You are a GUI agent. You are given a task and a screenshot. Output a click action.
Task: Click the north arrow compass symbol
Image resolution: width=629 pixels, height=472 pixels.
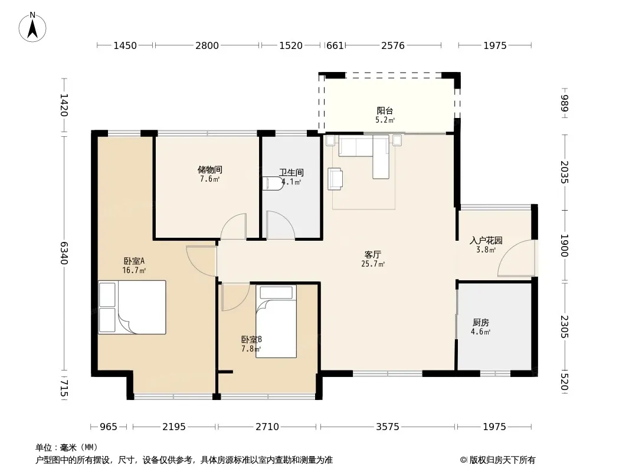pyautogui.click(x=32, y=28)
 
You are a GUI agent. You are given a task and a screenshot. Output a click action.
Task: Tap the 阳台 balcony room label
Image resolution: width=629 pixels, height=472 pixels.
pyautogui.click(x=385, y=110)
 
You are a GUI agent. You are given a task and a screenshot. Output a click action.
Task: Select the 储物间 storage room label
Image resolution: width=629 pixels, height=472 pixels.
pyautogui.click(x=210, y=170)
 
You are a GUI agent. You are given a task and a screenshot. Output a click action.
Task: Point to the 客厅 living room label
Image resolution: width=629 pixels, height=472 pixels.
pyautogui.click(x=373, y=255)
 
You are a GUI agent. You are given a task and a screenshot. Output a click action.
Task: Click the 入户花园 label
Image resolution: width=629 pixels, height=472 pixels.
pyautogui.click(x=486, y=241)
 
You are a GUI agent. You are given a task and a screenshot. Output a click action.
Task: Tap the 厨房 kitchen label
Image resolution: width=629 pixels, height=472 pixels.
pyautogui.click(x=480, y=322)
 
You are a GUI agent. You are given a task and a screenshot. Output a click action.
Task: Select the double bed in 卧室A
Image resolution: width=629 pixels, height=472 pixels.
pyautogui.click(x=132, y=307)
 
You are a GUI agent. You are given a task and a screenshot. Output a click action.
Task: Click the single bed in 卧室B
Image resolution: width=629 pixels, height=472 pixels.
pyautogui.click(x=276, y=321)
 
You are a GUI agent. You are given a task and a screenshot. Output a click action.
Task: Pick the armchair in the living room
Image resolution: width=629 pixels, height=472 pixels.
pyautogui.click(x=335, y=178)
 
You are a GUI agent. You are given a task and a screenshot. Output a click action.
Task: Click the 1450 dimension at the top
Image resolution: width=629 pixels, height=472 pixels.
pyautogui.click(x=125, y=45)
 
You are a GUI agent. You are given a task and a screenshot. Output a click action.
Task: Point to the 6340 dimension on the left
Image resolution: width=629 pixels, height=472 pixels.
pyautogui.click(x=64, y=253)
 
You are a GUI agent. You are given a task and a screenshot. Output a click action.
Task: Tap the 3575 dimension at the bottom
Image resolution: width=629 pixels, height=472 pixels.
pyautogui.click(x=388, y=427)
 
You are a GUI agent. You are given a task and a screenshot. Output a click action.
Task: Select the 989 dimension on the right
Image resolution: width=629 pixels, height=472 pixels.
pyautogui.click(x=565, y=103)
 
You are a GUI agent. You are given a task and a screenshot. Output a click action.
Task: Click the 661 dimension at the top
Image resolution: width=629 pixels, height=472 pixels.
pyautogui.click(x=335, y=45)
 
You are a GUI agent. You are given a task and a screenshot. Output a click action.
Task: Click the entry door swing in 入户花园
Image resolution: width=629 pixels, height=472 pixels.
pyautogui.click(x=516, y=258)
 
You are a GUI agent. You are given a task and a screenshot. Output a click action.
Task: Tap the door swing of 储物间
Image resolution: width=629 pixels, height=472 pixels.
pyautogui.click(x=233, y=227)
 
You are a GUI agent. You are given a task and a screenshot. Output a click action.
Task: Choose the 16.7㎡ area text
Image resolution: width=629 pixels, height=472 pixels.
pyautogui.click(x=134, y=271)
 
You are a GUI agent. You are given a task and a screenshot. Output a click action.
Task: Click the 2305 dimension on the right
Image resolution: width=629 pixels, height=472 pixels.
pyautogui.click(x=565, y=326)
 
